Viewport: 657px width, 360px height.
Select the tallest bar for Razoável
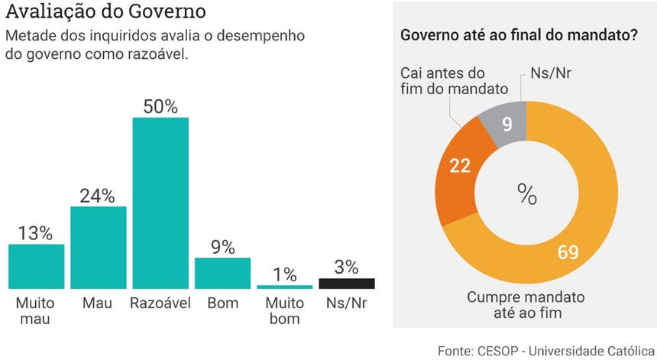point(160,203)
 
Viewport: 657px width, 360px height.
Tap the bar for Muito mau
point(36,266)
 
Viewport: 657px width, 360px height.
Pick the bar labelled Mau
point(99,247)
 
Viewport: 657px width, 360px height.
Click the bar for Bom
point(222,272)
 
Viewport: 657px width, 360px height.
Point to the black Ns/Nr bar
point(347,283)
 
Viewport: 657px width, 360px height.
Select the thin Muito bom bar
point(284,287)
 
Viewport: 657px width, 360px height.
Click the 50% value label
point(160,106)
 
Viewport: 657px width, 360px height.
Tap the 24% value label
point(98,196)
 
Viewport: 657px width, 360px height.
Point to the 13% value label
point(36,233)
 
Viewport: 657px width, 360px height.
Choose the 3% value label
point(346,267)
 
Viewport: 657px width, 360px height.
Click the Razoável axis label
point(160,303)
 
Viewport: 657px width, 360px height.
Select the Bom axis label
point(222,303)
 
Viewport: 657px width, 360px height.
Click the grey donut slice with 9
point(507,122)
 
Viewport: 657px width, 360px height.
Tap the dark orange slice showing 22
point(459,166)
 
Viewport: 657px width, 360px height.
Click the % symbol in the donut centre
point(527,193)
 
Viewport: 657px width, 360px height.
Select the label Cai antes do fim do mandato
point(454,80)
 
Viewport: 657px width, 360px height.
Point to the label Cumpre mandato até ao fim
point(527,304)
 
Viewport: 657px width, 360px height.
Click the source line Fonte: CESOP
point(546,349)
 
